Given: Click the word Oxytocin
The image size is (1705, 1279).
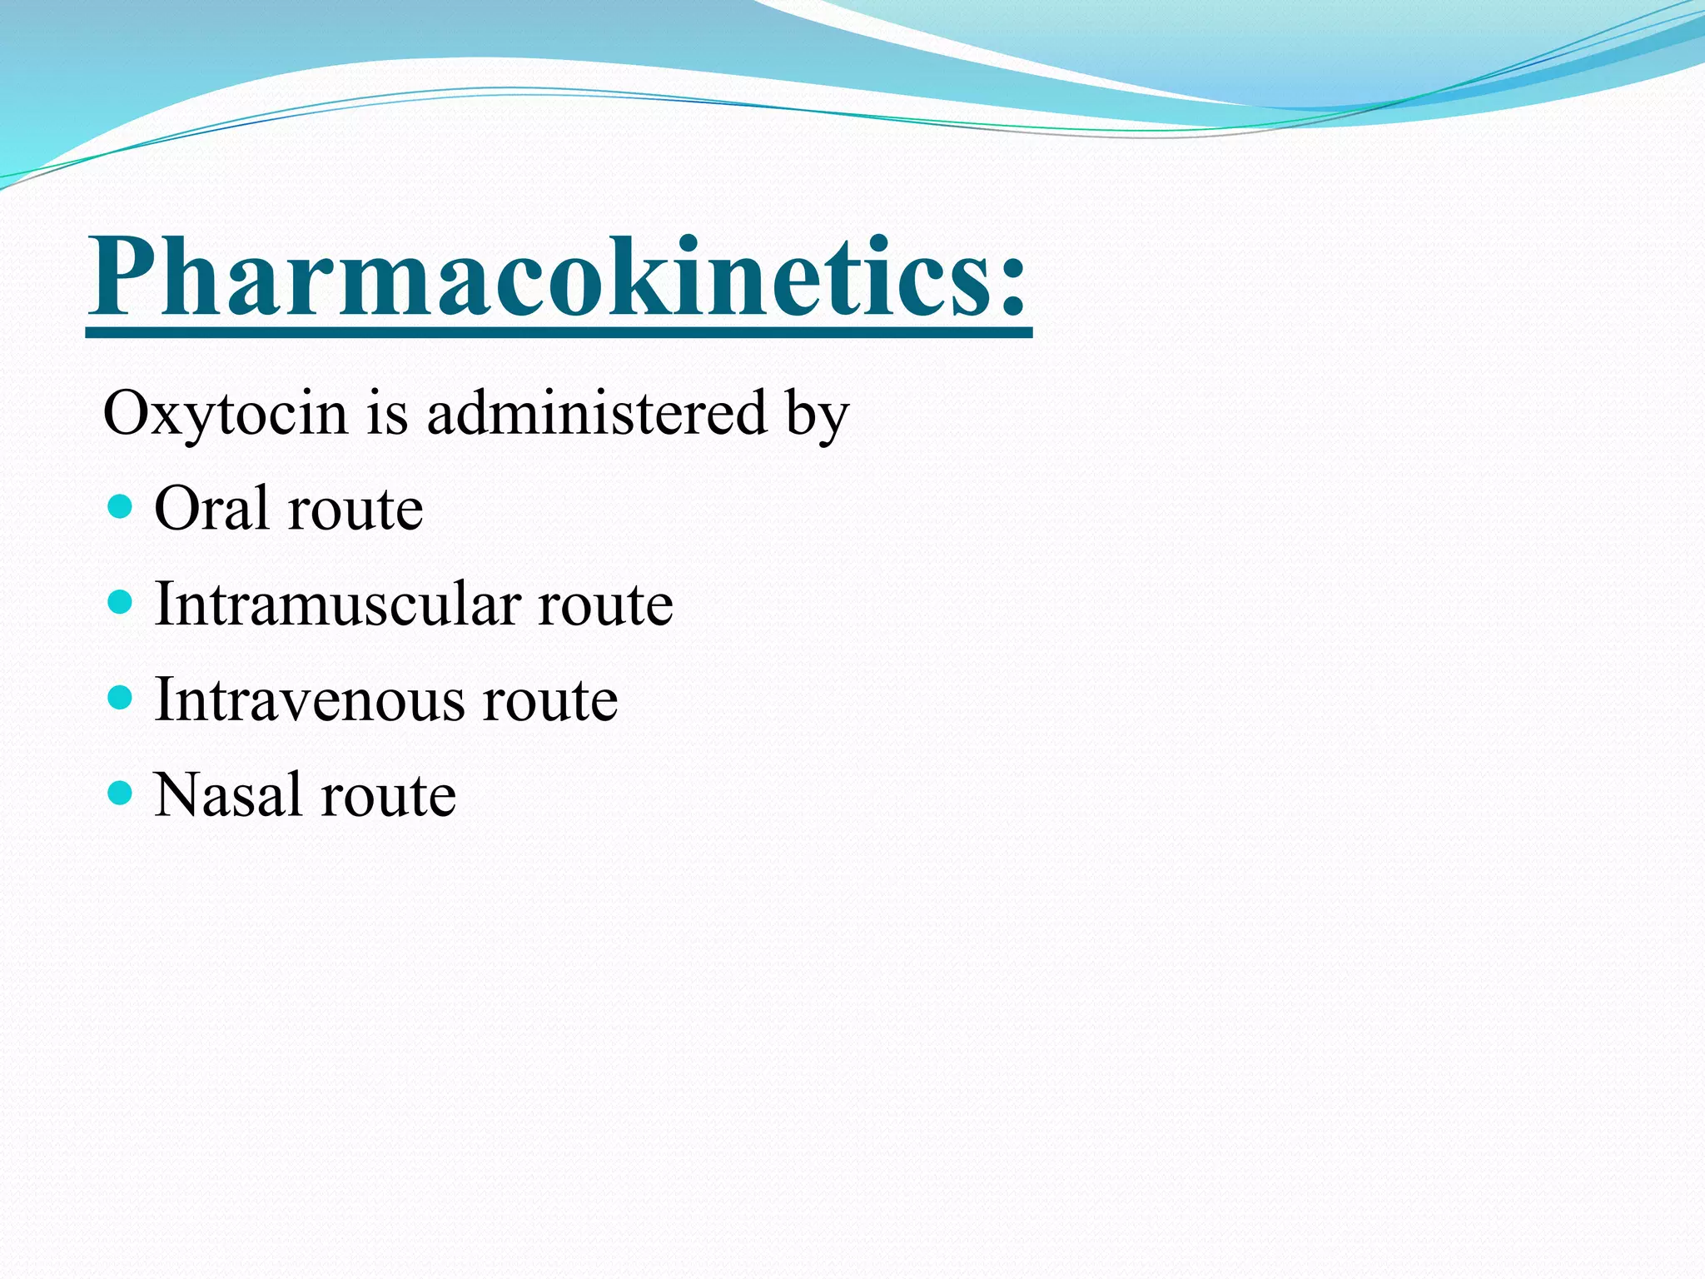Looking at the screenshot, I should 225,414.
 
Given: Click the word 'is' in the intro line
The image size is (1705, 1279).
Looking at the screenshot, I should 388,414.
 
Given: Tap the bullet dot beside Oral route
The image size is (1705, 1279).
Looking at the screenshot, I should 121,506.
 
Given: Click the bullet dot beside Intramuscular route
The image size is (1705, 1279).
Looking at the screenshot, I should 121,601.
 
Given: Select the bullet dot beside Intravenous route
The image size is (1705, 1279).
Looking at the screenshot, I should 121,697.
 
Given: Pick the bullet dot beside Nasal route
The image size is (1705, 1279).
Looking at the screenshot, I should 121,793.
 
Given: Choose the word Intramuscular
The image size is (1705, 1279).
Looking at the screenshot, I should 337,604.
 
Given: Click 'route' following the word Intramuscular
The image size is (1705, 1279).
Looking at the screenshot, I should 605,606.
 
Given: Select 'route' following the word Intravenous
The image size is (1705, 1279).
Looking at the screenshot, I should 550,702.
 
